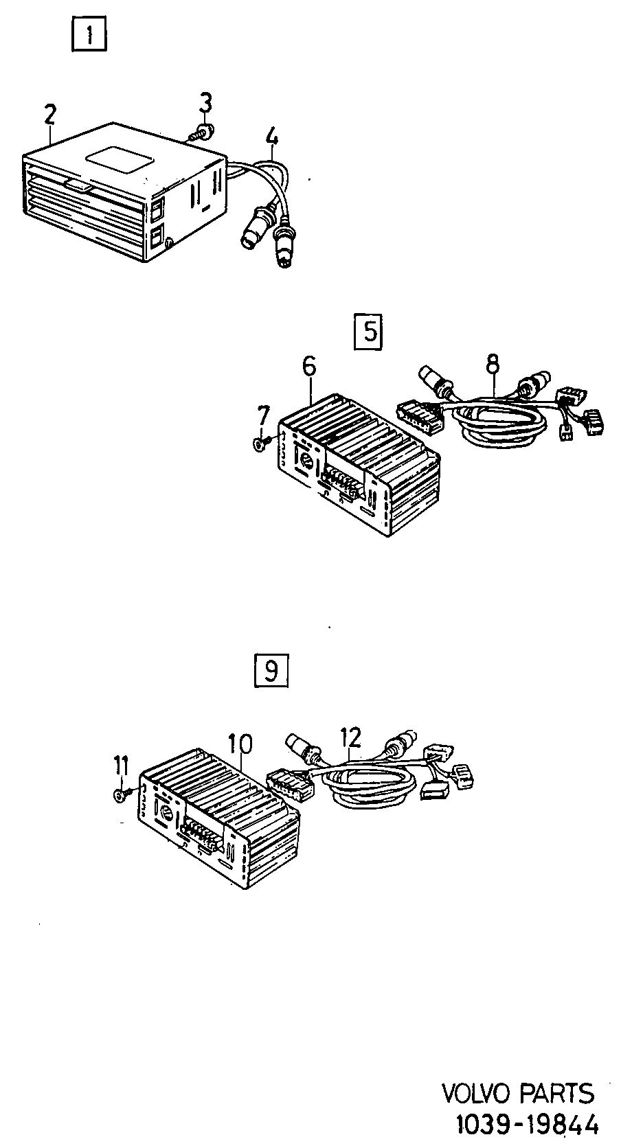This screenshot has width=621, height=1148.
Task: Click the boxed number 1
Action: (89, 34)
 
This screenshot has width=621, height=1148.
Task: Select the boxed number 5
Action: (368, 332)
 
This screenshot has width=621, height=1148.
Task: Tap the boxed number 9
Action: (271, 670)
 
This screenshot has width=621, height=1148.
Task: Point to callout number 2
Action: (49, 115)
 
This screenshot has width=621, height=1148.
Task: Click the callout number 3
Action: (205, 102)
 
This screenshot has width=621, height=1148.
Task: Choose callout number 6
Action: (310, 367)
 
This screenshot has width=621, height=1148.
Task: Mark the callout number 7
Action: (263, 415)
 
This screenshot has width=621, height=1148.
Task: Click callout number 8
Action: (492, 363)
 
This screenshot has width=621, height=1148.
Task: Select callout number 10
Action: (240, 744)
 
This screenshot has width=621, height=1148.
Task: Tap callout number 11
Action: (121, 766)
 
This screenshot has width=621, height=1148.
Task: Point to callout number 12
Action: (351, 737)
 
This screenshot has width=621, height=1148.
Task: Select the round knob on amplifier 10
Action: (167, 814)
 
